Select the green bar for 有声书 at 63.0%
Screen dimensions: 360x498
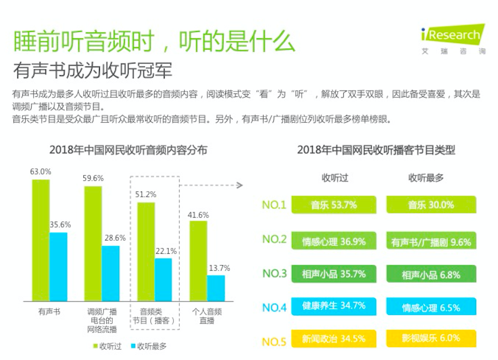tap(41, 240)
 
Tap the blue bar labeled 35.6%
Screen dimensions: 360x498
tap(58, 267)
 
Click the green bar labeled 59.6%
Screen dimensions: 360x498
tap(93, 243)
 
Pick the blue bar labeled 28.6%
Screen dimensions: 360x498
tap(111, 273)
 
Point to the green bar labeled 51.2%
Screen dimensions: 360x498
tap(146, 252)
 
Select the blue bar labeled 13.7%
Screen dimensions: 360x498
tap(216, 288)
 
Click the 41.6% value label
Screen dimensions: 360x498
tap(198, 215)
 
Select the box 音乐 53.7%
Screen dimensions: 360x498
tap(333, 205)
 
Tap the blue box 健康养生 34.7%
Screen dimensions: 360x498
tap(333, 307)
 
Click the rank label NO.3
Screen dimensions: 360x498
tap(274, 273)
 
